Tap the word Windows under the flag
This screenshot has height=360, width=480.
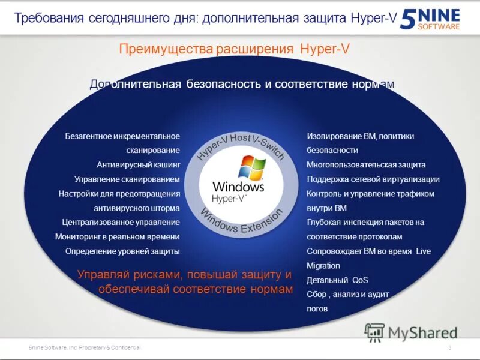238,187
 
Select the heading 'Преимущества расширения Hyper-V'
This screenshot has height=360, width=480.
234,49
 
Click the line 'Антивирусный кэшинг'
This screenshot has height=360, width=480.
138,164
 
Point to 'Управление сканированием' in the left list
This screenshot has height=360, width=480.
127,179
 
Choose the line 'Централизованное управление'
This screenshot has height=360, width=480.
121,222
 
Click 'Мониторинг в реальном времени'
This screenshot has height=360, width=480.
118,236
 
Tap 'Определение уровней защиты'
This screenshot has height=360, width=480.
122,251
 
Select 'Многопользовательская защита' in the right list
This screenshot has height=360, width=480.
366,164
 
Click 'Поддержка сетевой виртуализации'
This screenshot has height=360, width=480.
373,179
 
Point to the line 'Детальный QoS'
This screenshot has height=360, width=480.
337,280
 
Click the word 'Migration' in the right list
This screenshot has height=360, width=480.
323,265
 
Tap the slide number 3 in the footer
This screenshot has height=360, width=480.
449,348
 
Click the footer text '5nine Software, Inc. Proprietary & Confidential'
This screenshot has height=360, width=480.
85,348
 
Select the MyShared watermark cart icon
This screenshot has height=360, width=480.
374,332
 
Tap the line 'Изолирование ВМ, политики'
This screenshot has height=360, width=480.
361,136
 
